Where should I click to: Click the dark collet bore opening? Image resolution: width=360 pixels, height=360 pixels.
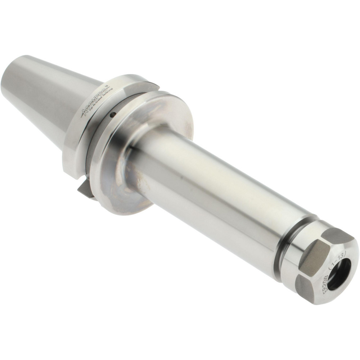coord(339,274)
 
